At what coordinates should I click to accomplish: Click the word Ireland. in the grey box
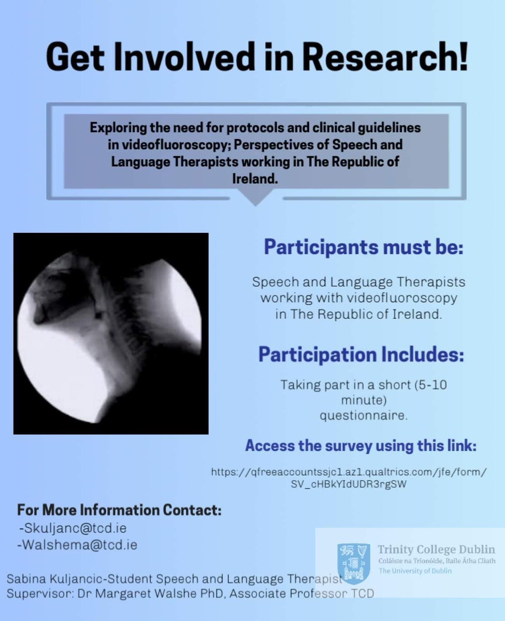point(256,176)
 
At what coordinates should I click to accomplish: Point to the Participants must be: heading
point(363,247)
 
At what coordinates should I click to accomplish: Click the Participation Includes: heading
point(361,355)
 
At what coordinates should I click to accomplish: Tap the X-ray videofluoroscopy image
point(111,333)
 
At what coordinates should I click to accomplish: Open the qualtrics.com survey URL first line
point(349,472)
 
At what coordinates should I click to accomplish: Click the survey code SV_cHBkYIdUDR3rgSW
point(349,485)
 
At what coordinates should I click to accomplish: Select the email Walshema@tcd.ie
point(78,545)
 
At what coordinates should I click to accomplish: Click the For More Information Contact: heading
point(119,510)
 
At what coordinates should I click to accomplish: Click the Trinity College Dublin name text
point(436,550)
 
